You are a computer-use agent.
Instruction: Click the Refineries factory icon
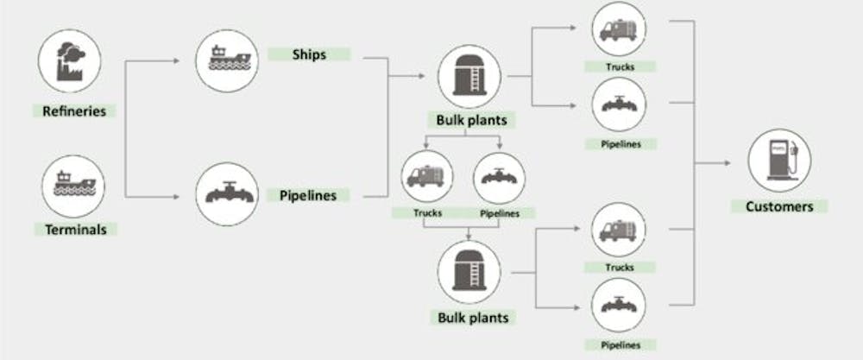70,61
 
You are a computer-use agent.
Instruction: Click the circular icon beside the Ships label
225,60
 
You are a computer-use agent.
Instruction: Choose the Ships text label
308,54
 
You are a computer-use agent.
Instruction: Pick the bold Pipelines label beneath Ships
307,195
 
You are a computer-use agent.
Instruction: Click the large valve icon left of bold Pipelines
225,195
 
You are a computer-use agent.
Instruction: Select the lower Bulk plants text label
473,317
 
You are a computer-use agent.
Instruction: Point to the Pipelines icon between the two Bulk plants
499,178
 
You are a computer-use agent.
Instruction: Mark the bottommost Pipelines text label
620,344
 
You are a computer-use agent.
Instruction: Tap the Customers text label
778,206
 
